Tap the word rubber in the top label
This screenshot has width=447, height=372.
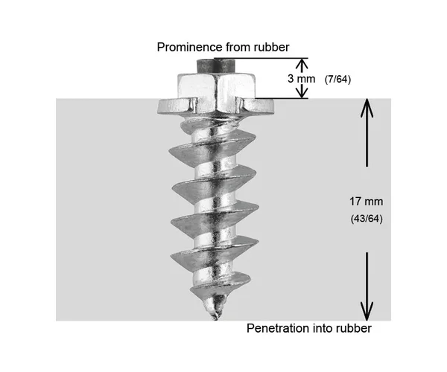[269, 47]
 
